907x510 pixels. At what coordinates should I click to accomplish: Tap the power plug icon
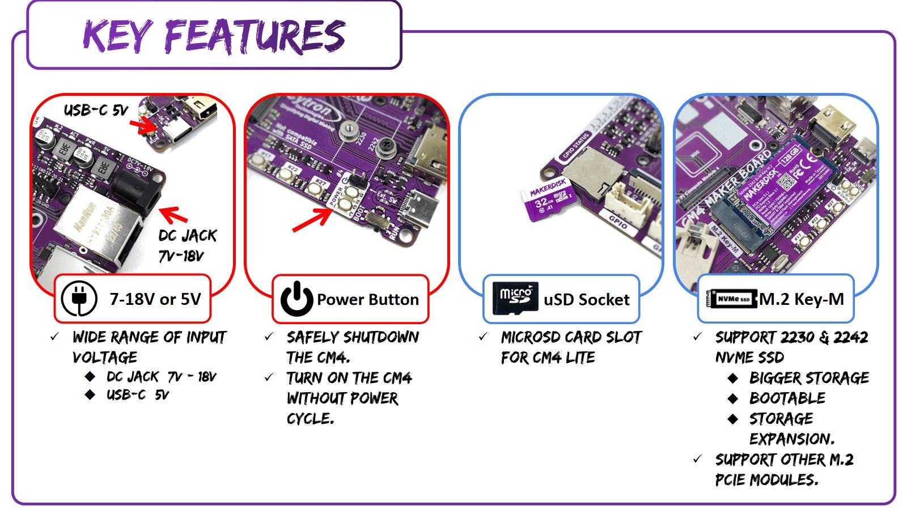(x=79, y=299)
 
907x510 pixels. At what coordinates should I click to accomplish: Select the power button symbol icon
(x=296, y=299)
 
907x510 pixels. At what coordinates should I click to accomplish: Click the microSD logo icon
(x=515, y=298)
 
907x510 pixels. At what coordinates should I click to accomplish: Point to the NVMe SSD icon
(x=734, y=299)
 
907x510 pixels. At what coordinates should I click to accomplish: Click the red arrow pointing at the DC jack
(x=173, y=215)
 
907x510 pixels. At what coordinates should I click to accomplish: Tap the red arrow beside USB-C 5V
(x=143, y=124)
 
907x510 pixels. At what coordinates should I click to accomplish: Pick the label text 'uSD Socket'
(x=586, y=299)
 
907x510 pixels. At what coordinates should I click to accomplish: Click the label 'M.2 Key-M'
(x=801, y=299)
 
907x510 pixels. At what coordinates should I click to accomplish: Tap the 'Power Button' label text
(x=367, y=299)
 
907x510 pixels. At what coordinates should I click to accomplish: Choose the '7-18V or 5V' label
(x=155, y=299)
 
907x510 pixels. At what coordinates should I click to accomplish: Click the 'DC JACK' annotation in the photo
(x=187, y=235)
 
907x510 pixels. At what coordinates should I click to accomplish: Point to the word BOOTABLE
(x=787, y=398)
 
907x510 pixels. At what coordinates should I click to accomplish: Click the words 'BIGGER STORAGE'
(x=808, y=377)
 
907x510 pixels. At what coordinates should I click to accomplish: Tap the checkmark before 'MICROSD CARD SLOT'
(x=483, y=337)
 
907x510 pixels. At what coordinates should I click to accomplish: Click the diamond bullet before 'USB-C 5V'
(x=90, y=394)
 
